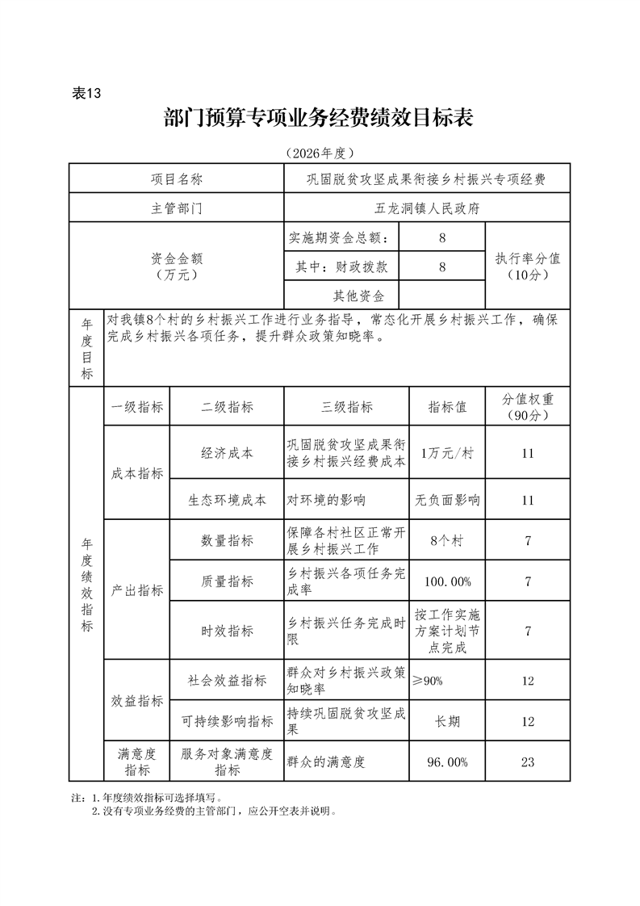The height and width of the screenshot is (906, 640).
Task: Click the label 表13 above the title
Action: [86, 93]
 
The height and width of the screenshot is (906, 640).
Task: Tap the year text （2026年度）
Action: [320, 153]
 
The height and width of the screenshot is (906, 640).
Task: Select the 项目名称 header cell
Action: [177, 179]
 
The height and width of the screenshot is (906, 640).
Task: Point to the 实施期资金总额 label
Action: [342, 238]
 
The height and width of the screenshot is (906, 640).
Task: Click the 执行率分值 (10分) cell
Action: [527, 266]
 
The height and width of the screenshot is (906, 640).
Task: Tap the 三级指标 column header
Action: [347, 408]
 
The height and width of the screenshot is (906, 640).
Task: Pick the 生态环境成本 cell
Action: [227, 500]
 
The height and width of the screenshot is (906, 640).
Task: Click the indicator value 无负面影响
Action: [447, 500]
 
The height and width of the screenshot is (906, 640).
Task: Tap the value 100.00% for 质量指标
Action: [447, 581]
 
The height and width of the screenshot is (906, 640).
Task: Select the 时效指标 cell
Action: [227, 631]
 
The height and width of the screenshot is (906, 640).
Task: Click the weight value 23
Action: [527, 761]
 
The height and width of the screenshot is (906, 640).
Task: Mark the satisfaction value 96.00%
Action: [447, 761]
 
